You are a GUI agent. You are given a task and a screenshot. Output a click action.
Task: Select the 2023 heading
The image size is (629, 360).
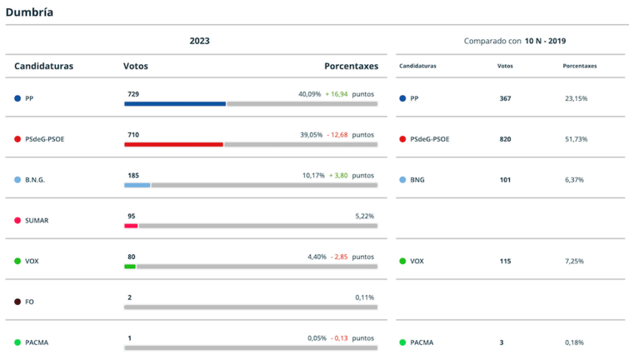[x=199, y=41]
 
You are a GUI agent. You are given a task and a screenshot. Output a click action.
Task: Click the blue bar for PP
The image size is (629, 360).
[x=175, y=104]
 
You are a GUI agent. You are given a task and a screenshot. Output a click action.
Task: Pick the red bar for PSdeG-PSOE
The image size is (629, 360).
[x=173, y=145]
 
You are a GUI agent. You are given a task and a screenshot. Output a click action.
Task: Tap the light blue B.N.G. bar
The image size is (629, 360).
[x=137, y=185]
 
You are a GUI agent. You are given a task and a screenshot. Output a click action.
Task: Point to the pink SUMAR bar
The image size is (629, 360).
[x=131, y=226]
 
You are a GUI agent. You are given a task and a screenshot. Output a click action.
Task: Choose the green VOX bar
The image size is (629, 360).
[x=130, y=267]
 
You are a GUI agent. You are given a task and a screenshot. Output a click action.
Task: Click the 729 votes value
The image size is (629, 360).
[x=133, y=94]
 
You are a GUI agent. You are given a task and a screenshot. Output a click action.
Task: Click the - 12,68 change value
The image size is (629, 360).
[x=337, y=135]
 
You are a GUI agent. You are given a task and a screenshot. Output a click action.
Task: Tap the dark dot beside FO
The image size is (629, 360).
[x=17, y=302]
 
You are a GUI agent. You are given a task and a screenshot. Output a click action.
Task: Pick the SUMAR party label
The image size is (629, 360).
[x=37, y=220]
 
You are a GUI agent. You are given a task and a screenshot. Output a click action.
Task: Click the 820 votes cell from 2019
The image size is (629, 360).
[x=505, y=139]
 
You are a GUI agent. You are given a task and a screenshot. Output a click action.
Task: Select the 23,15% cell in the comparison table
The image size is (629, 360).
[x=576, y=98]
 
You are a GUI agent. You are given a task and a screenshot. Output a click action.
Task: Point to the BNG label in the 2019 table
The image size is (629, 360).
[x=417, y=180]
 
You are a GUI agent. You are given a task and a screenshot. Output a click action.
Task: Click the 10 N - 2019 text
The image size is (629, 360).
[x=546, y=41]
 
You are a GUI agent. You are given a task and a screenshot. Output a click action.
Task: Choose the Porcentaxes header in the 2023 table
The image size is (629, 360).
[x=351, y=66]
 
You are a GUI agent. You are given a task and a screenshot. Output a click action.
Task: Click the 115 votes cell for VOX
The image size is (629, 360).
[x=505, y=262]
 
